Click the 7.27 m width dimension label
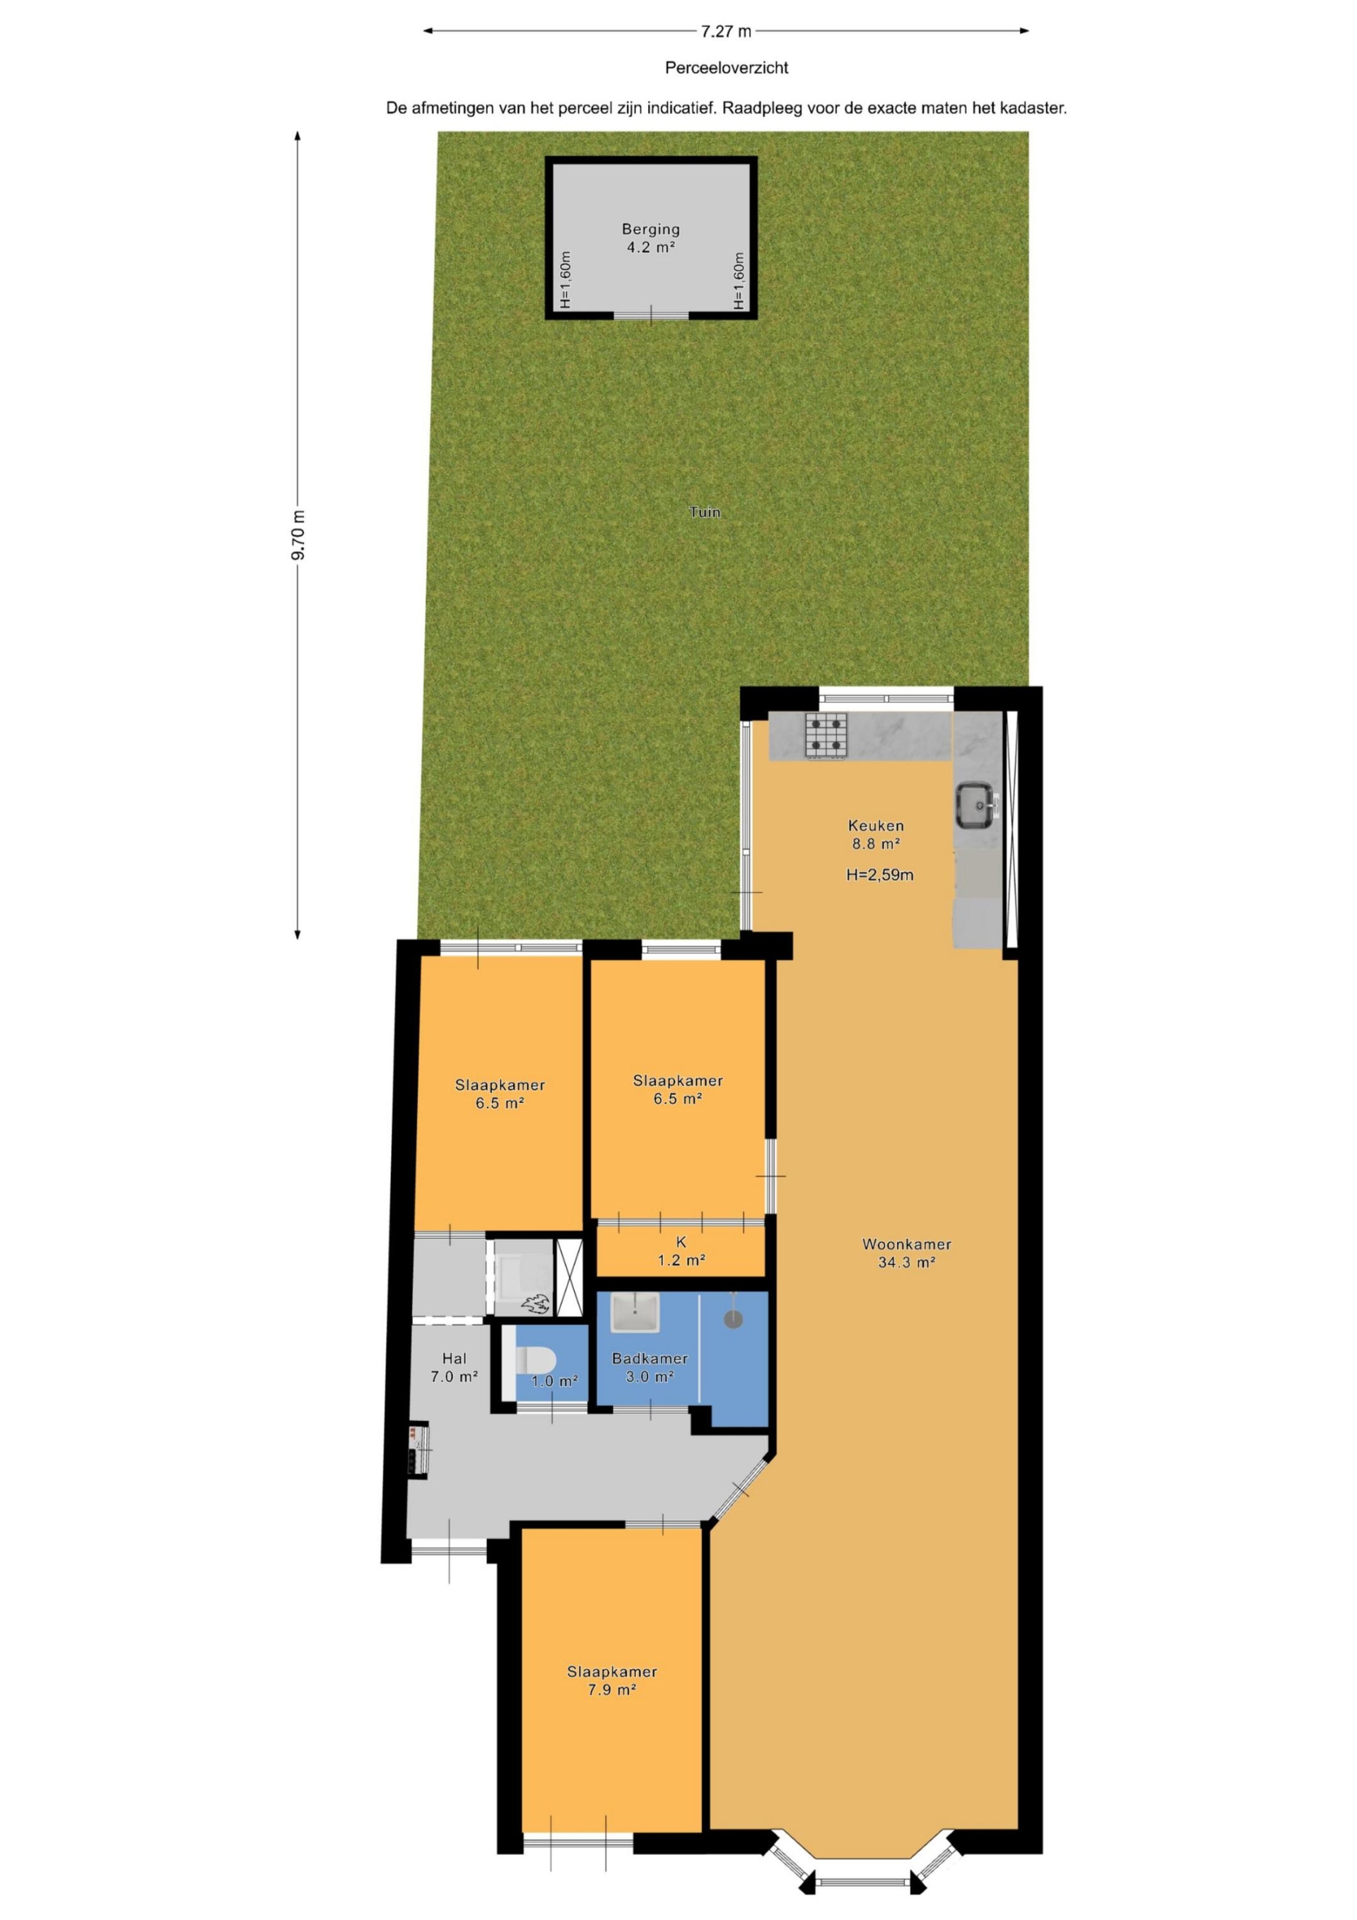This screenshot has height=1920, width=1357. click(x=726, y=32)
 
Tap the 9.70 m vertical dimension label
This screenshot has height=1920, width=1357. click(x=298, y=534)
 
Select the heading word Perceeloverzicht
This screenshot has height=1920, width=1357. click(x=727, y=68)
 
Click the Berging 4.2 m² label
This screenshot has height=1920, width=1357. click(x=650, y=238)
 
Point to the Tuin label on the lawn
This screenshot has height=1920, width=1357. click(x=705, y=512)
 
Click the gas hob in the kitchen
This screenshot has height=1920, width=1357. click(x=826, y=735)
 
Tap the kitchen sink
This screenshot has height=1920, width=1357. click(x=977, y=804)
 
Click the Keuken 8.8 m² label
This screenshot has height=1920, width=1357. click(x=876, y=835)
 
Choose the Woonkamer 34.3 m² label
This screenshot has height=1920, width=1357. click(x=906, y=1253)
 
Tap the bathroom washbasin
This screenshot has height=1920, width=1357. click(x=635, y=1312)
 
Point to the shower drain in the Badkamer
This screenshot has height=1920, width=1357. click(x=732, y=1318)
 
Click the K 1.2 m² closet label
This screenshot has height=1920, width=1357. click(x=681, y=1251)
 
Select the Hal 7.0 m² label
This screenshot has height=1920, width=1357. click(x=454, y=1367)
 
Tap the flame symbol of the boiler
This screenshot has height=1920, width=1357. click(x=534, y=1302)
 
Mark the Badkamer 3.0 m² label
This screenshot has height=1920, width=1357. click(x=650, y=1367)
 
